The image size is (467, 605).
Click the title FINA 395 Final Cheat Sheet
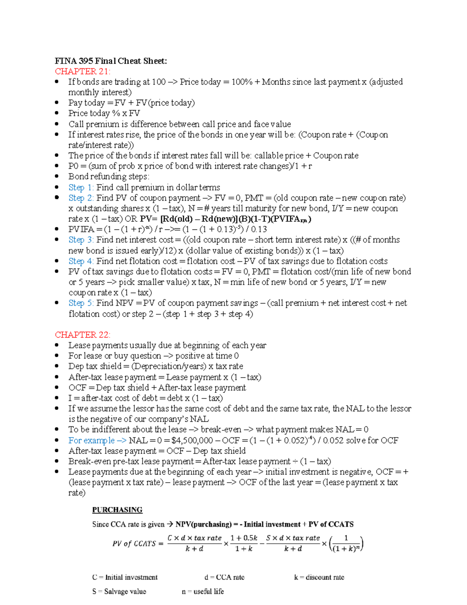point(111,61)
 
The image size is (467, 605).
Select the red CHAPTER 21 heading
point(83,71)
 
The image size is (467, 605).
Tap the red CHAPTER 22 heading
point(83,335)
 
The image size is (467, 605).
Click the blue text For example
point(91,440)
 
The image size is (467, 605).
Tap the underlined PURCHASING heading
point(117,510)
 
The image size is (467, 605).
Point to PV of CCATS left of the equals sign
point(134,543)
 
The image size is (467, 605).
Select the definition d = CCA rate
point(224,577)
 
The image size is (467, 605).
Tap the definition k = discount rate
point(319,577)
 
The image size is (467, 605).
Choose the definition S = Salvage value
point(119,591)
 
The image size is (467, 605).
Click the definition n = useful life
point(203,591)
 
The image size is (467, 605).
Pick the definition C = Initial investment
point(125,577)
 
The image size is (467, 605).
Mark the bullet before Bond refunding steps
point(57,176)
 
